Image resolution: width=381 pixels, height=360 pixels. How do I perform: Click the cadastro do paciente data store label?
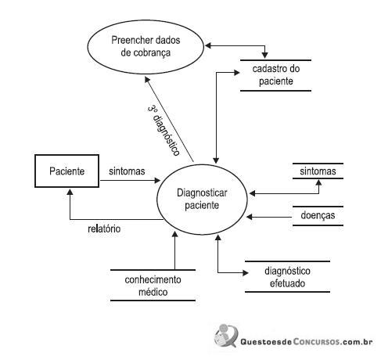coord(276,75)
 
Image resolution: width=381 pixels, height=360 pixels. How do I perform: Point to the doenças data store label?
coord(318,215)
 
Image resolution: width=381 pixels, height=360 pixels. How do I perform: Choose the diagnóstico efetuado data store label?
coord(287,277)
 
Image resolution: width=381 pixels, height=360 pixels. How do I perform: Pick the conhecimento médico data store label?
coord(153,286)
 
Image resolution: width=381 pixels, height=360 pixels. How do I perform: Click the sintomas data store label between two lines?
coord(318,171)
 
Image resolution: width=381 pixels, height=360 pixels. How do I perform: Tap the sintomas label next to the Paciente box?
coord(127,171)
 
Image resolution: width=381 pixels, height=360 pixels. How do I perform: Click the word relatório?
coord(104,229)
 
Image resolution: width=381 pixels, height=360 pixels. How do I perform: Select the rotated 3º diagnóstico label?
coord(164,131)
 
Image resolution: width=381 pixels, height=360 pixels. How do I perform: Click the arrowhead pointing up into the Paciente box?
coord(70,192)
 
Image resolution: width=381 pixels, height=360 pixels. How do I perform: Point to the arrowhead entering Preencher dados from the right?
coord(208,45)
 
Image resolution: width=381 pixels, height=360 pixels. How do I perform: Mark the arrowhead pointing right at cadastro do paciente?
coord(236,73)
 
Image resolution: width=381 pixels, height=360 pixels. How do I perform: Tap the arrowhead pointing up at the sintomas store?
coord(318,182)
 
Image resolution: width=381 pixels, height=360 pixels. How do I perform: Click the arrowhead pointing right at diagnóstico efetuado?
coord(245,273)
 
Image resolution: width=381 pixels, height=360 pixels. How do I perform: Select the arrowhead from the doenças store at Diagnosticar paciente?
coord(250,217)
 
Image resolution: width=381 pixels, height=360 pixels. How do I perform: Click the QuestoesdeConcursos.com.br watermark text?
coord(307,342)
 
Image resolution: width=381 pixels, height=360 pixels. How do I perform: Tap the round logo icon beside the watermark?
coord(226,336)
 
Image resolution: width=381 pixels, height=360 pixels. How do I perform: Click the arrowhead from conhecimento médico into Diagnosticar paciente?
coord(175,234)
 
